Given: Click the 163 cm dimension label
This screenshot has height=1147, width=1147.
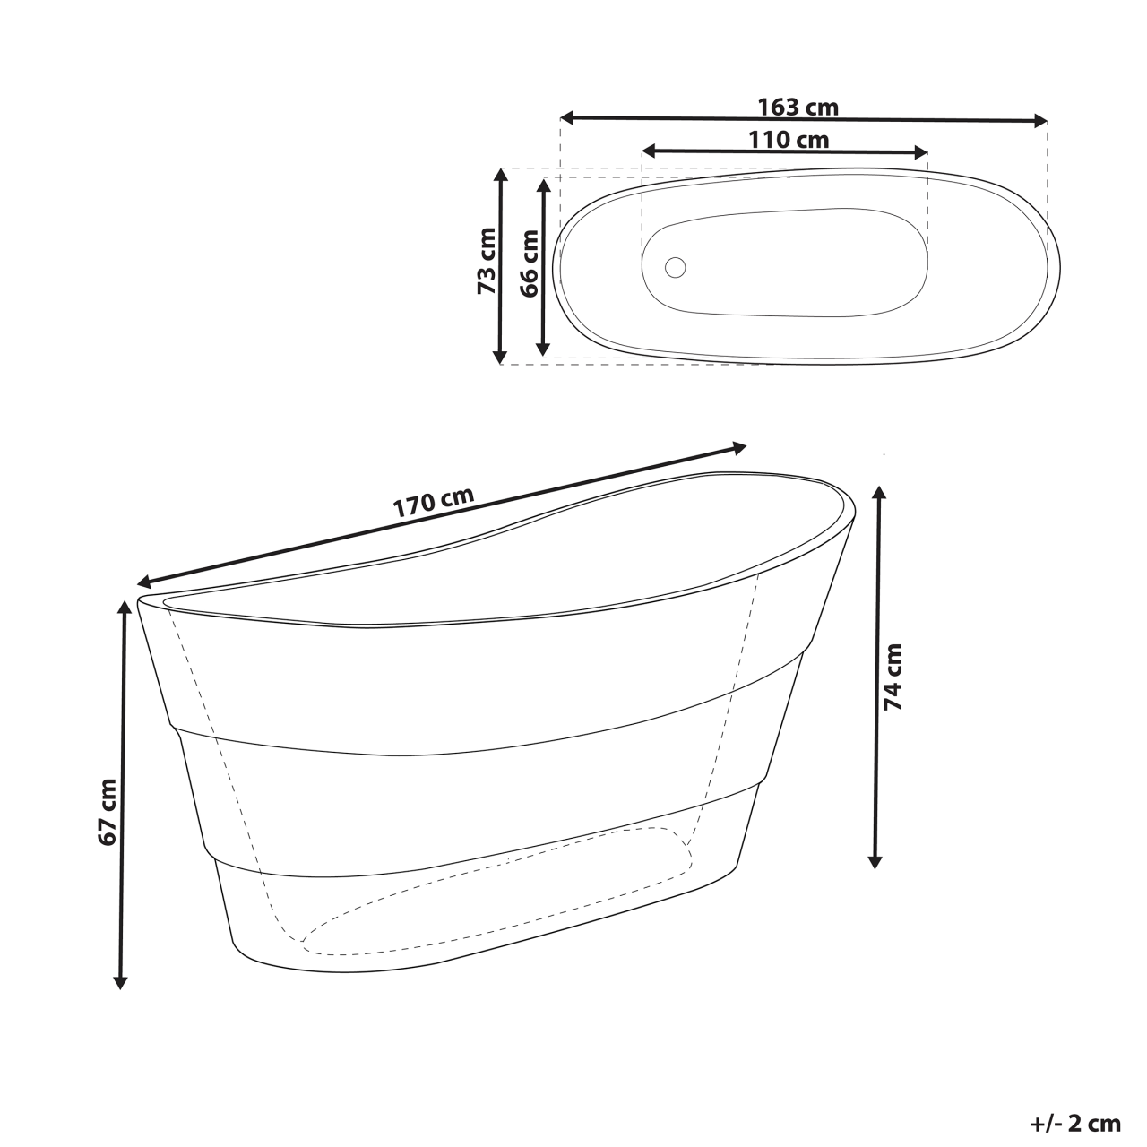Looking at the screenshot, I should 798,108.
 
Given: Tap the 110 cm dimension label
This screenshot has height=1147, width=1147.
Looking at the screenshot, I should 789,140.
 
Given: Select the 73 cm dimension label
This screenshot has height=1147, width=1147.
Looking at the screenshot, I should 487,262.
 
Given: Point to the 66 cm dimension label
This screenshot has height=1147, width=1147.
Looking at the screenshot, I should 529,263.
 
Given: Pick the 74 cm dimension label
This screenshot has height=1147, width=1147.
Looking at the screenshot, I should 893,677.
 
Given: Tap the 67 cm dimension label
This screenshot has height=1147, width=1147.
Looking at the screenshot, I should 108,812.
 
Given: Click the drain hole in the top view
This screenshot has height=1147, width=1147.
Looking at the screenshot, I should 675,266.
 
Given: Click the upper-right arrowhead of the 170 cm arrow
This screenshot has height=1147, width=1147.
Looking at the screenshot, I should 738,446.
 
